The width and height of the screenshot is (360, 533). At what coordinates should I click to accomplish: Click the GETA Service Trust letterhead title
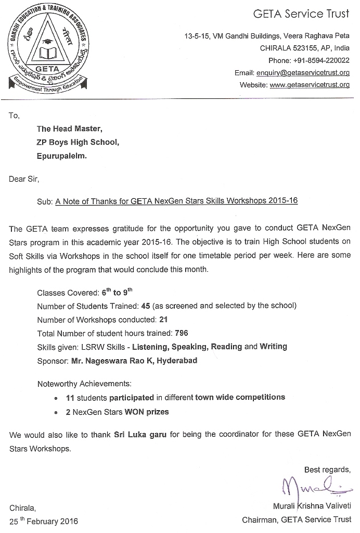(x=301, y=14)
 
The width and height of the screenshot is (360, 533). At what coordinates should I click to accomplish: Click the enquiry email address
(x=307, y=73)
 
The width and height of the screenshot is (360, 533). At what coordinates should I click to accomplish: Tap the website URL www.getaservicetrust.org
(x=310, y=85)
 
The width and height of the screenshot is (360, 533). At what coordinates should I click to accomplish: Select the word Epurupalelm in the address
(x=62, y=155)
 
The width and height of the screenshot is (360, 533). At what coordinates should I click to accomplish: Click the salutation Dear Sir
(x=24, y=180)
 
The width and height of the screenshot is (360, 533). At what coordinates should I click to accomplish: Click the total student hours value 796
(x=182, y=333)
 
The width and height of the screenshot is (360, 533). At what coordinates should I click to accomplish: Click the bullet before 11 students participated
(x=56, y=398)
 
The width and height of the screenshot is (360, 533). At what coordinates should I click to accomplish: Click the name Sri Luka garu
(x=140, y=434)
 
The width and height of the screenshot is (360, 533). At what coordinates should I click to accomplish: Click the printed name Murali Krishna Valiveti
(x=312, y=506)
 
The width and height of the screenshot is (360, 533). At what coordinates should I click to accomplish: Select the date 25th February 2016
(x=44, y=521)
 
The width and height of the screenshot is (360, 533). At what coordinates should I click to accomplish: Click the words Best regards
(x=327, y=469)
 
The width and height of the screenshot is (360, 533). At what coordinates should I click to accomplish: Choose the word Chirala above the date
(x=22, y=507)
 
